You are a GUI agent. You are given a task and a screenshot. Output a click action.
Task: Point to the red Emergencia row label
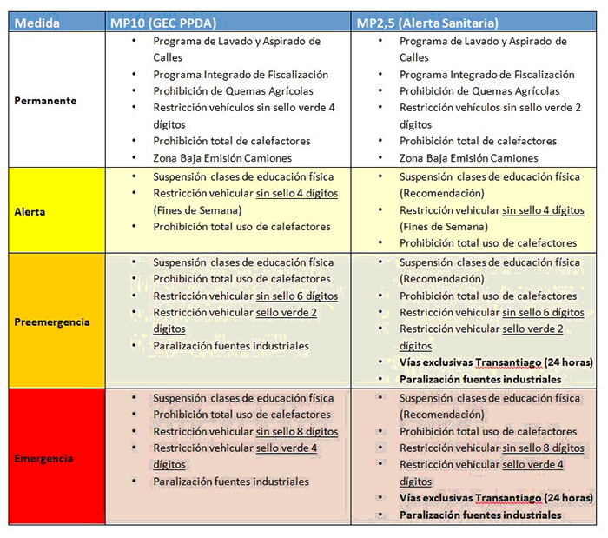pyautogui.click(x=43, y=458)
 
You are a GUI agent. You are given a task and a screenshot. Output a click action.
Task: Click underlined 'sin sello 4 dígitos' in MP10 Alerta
pyautogui.click(x=296, y=193)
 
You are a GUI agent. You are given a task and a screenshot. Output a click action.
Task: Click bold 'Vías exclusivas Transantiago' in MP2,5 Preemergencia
pyautogui.click(x=466, y=362)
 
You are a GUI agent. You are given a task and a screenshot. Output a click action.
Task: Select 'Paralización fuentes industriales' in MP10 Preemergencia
pyautogui.click(x=231, y=345)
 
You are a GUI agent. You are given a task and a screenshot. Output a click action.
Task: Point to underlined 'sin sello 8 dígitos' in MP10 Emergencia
pyautogui.click(x=296, y=431)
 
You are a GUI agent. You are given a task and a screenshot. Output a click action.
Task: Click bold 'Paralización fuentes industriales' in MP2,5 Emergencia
pyautogui.click(x=479, y=515)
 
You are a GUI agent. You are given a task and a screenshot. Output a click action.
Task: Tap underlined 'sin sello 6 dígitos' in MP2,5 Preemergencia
pyautogui.click(x=543, y=312)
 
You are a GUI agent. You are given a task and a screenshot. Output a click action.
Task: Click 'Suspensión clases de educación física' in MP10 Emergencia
pyautogui.click(x=243, y=398)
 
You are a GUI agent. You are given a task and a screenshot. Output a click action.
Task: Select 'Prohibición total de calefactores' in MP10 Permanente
pyautogui.click(x=232, y=141)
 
